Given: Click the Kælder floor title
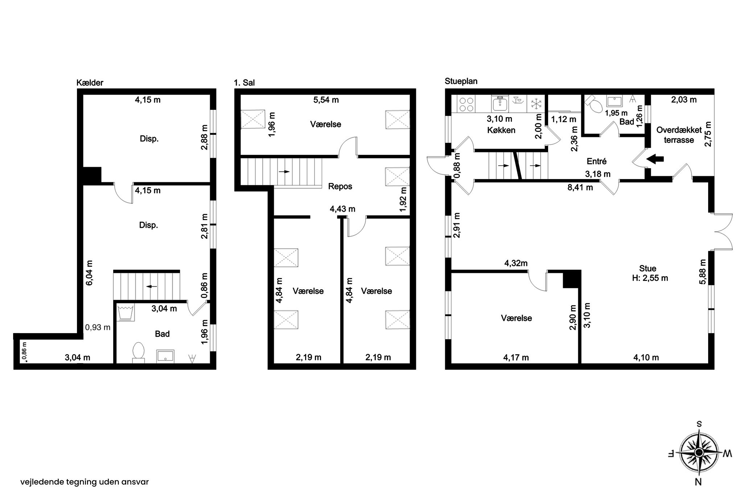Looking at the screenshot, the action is coord(90,83).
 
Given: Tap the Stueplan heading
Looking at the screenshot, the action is coord(461,81).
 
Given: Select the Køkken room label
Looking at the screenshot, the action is coord(501,130).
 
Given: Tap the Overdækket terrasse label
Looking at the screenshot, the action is coord(679,135).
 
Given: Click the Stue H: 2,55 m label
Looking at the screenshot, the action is coord(648,273).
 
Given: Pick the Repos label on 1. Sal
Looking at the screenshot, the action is coord(340,186).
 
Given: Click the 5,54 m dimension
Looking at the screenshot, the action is coord(326,100).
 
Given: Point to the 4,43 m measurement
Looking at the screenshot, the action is coord(342,209).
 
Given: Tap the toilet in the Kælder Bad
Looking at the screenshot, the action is coord(139,352).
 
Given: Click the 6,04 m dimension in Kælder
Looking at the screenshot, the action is coord(89,272).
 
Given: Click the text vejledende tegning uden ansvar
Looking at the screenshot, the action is coord(85,482).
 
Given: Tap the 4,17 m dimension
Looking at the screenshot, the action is coord(516,357).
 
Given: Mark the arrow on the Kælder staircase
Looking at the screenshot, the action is coord(151,286).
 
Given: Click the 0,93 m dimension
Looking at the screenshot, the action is coord(98,327).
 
